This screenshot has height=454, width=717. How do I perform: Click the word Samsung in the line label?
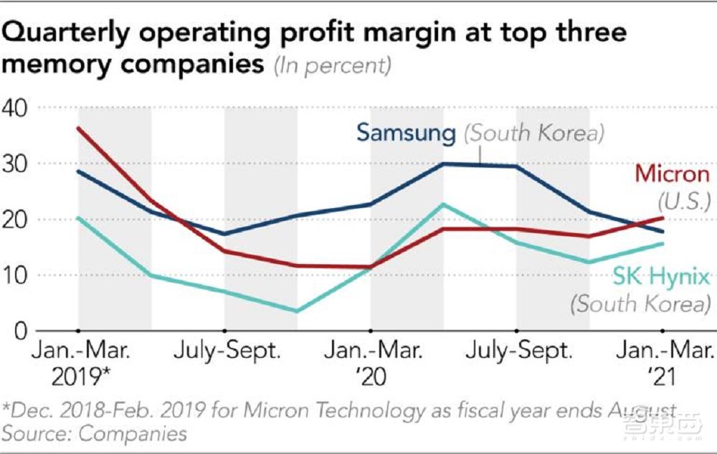(x=406, y=132)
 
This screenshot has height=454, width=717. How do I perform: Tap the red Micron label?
(x=672, y=174)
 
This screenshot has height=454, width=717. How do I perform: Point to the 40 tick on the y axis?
(x=15, y=108)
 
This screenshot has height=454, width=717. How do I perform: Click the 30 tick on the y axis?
(x=15, y=164)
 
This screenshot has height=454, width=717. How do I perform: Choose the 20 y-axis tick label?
(x=15, y=219)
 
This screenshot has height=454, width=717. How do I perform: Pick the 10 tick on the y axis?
(x=15, y=275)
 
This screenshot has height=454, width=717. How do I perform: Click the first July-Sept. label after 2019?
(x=226, y=352)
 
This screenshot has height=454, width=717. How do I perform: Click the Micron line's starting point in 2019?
(x=78, y=128)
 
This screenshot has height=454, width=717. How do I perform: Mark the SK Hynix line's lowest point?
(x=296, y=311)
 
